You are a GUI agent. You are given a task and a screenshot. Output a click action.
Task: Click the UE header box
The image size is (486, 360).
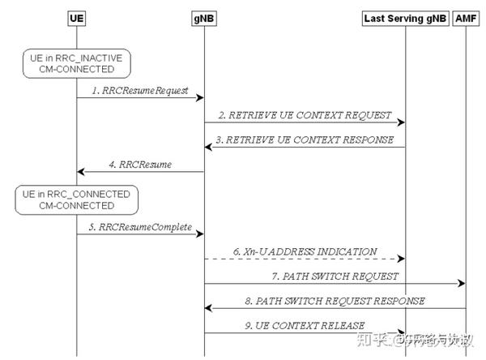76,18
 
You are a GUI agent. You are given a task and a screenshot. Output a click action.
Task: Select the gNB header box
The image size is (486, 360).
203,18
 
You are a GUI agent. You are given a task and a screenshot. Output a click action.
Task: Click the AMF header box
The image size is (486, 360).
467,18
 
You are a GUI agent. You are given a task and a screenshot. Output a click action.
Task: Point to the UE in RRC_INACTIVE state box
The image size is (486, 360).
76,62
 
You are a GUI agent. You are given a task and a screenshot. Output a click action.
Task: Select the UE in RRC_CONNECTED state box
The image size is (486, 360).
76,199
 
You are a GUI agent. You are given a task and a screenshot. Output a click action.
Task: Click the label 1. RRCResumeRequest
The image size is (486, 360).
140,91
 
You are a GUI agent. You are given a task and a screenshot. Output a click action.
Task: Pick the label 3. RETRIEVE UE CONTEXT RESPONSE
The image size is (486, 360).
305,139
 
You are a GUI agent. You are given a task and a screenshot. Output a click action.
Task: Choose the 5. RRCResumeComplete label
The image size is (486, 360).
140,227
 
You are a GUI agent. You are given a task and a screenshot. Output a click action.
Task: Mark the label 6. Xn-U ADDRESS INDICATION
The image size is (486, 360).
305,251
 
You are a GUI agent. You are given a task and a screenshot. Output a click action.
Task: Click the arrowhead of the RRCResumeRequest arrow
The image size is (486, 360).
198,99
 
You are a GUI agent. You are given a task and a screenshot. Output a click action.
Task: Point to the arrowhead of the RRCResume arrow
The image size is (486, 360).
82,172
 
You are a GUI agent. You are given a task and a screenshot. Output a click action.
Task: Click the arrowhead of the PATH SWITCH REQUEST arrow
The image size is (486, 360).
462,284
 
